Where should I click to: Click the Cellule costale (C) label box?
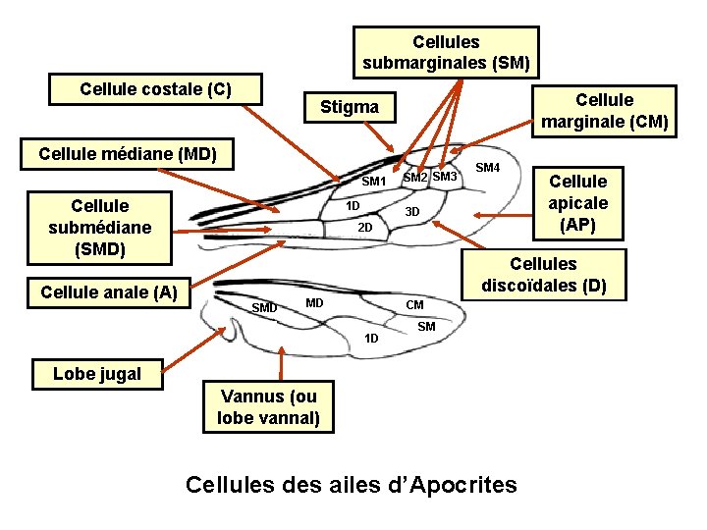coord(156,89)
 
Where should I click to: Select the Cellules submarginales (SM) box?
coord(446,53)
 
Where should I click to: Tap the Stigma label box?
coord(350,107)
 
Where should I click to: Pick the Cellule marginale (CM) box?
coord(604,111)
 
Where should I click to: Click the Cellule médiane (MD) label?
coord(128,154)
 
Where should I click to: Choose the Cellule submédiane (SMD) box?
coord(99,228)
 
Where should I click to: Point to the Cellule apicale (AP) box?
coord(577,204)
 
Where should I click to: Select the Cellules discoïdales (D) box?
coord(543,275)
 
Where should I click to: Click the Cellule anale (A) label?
coord(109,291)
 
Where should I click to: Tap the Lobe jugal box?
coord(97,373)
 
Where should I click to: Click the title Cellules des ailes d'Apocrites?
coord(351,484)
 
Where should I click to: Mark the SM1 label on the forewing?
coord(374,182)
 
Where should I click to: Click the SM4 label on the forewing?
coord(487,169)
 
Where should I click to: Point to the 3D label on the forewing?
coord(412,212)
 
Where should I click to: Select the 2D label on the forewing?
coord(364,228)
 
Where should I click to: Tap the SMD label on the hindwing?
coord(264,308)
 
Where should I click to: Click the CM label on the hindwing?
coord(415,305)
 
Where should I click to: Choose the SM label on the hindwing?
coord(426,326)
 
